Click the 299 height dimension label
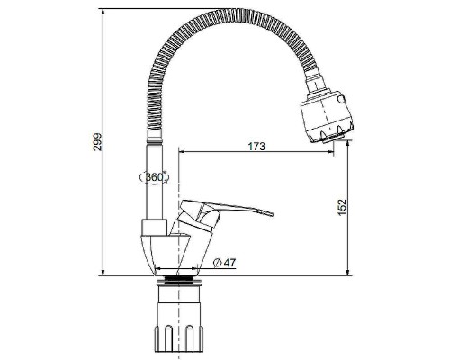97,142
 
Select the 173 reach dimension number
256,146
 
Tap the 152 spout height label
342,207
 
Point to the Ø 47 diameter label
224,263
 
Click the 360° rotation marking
155,177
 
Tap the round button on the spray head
341,99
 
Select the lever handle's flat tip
271,213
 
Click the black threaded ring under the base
178,279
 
